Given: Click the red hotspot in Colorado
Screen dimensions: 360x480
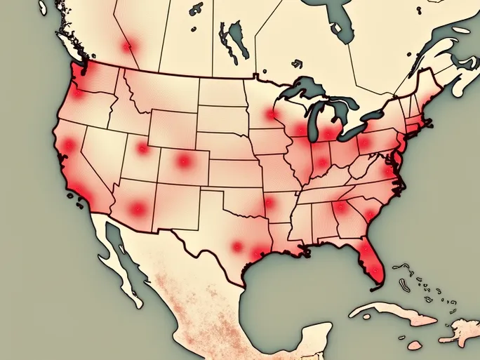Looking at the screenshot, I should tap(184, 161).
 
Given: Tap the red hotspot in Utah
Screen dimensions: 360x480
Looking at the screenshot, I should tap(143, 148).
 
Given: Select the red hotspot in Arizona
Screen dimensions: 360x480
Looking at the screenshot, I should tap(138, 208).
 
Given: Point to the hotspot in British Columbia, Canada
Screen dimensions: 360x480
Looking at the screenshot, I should tap(127, 47).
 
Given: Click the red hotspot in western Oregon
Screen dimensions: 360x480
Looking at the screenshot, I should tap(76, 93).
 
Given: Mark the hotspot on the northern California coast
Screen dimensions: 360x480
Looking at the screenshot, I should tap(69, 145).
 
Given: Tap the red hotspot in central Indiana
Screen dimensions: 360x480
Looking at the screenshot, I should tap(322, 163).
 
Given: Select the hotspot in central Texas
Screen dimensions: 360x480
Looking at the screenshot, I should tap(237, 246).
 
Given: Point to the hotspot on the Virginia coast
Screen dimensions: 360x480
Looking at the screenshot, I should tap(388, 172).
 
